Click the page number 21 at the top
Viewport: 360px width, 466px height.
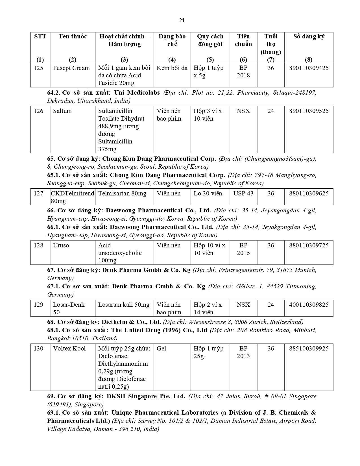pyautogui.click(x=182, y=20)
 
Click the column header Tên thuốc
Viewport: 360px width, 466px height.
pyautogui.click(x=73, y=36)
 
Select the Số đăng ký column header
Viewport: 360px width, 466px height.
pyautogui.click(x=309, y=36)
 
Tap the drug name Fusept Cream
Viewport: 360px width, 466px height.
pyautogui.click(x=71, y=68)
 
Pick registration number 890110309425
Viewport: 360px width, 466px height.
pyautogui.click(x=309, y=68)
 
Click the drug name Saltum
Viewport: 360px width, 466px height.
pyautogui.click(x=62, y=111)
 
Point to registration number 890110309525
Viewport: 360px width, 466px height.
pyautogui.click(x=309, y=111)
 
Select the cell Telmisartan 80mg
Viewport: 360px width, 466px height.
pyautogui.click(x=122, y=193)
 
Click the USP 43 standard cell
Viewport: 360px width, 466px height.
pyautogui.click(x=243, y=193)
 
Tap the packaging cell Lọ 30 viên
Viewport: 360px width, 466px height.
pyautogui.click(x=208, y=193)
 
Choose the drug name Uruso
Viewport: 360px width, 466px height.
pyautogui.click(x=61, y=245)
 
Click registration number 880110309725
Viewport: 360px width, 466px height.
pyautogui.click(x=309, y=245)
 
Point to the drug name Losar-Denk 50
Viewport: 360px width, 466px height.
pyautogui.click(x=69, y=308)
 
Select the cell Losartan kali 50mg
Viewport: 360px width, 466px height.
pyautogui.click(x=124, y=305)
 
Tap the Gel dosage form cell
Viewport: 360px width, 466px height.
pyautogui.click(x=162, y=349)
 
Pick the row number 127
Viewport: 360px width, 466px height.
pyautogui.click(x=39, y=193)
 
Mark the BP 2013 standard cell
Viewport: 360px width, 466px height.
pyautogui.click(x=243, y=352)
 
